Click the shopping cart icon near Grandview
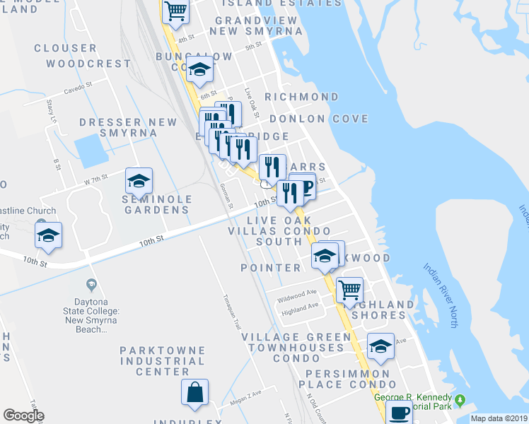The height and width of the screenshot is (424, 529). coord(175,11)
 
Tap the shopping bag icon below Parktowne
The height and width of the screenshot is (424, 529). coord(194,392)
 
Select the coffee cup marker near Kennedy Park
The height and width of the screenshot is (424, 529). coord(400,412)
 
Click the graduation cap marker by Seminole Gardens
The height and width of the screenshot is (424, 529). coord(139,181)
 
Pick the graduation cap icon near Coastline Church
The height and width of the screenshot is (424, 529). coord(48,235)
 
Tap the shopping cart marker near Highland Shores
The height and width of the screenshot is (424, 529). coord(349,290)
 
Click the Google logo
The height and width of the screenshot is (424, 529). coord(23,415)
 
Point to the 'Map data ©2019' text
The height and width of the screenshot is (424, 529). coord(499,418)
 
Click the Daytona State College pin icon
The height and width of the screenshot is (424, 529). coord(90,285)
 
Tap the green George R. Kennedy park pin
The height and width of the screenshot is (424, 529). coord(460,401)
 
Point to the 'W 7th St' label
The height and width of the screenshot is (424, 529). coord(95,179)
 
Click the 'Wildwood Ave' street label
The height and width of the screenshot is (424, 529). coord(296,293)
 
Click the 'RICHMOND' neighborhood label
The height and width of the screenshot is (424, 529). coord(301,96)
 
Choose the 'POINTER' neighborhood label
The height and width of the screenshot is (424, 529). coord(271,268)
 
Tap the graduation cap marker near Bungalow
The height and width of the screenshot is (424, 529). coord(201,70)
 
